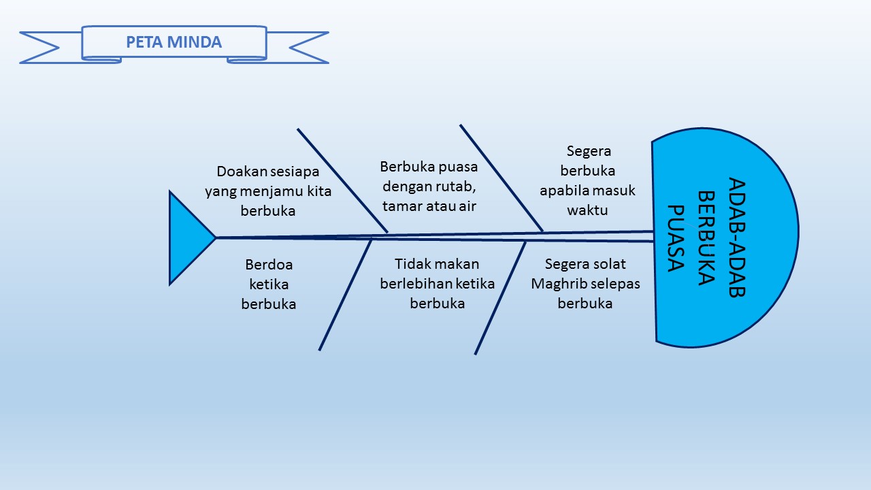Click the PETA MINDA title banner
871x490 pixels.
[174, 42]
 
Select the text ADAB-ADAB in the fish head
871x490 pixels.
[737, 238]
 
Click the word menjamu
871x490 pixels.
[272, 191]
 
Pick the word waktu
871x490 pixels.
[588, 210]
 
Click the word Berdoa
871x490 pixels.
[269, 264]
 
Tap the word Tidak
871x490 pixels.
[413, 263]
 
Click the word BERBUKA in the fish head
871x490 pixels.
[706, 238]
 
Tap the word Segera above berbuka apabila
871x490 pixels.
[589, 150]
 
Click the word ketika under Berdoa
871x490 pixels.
[269, 284]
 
